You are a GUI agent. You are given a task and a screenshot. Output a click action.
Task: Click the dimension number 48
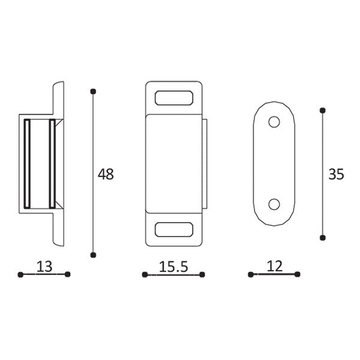106,174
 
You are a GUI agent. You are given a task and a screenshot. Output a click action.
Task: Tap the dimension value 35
336,174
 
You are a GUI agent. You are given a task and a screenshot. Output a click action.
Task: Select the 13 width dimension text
44,266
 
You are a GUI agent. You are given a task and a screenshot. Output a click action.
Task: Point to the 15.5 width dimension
173,266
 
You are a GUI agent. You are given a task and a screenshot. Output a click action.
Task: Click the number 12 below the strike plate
274,266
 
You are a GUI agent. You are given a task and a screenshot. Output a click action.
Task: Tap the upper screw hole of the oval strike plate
274,122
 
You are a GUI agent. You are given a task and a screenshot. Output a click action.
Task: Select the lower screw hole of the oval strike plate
274,204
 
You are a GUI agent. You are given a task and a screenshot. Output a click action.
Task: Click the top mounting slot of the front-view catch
174,98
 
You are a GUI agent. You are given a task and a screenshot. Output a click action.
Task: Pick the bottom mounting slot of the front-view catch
174,229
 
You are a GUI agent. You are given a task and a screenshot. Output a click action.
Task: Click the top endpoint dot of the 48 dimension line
93,92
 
